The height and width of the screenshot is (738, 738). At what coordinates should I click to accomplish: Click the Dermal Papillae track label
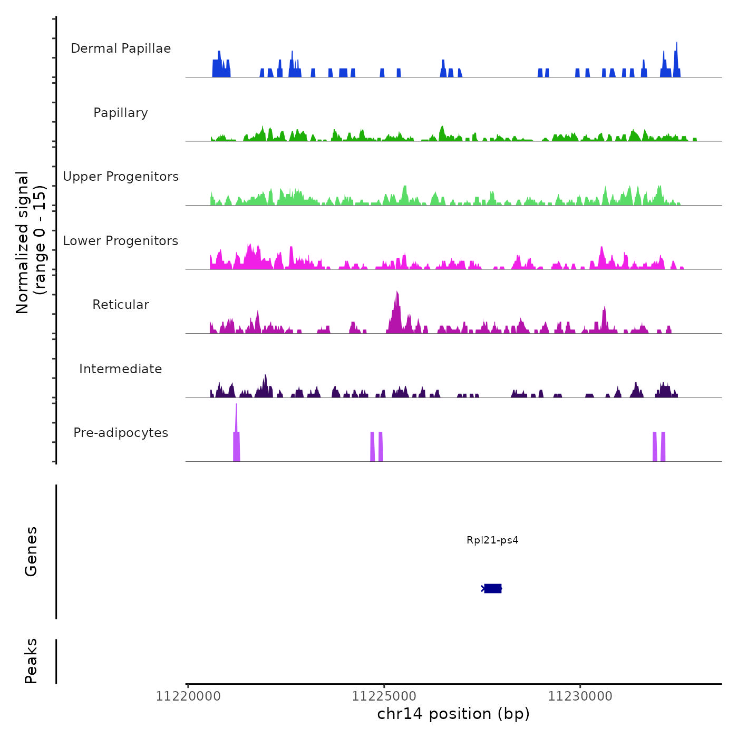click(x=121, y=48)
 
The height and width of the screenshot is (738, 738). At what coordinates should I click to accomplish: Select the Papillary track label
click(x=121, y=113)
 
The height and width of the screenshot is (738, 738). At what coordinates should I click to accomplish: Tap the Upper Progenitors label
click(x=121, y=177)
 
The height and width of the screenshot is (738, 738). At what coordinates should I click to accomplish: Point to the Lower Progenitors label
click(x=121, y=241)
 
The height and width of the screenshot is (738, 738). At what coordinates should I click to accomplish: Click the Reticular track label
click(x=121, y=305)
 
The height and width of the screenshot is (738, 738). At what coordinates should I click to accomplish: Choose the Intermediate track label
click(x=121, y=369)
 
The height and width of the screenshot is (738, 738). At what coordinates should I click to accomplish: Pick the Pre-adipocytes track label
click(x=121, y=433)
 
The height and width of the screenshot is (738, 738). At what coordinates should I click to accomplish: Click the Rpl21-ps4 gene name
click(x=492, y=540)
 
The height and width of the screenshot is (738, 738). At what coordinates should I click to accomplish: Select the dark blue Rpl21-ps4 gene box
click(x=493, y=588)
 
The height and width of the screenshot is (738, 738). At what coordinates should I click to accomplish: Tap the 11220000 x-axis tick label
click(x=188, y=696)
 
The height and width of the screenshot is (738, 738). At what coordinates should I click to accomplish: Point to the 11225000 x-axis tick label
click(x=384, y=696)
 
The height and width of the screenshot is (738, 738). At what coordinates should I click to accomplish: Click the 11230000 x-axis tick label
click(x=580, y=696)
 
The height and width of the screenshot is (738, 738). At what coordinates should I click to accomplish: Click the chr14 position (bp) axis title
click(x=453, y=714)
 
